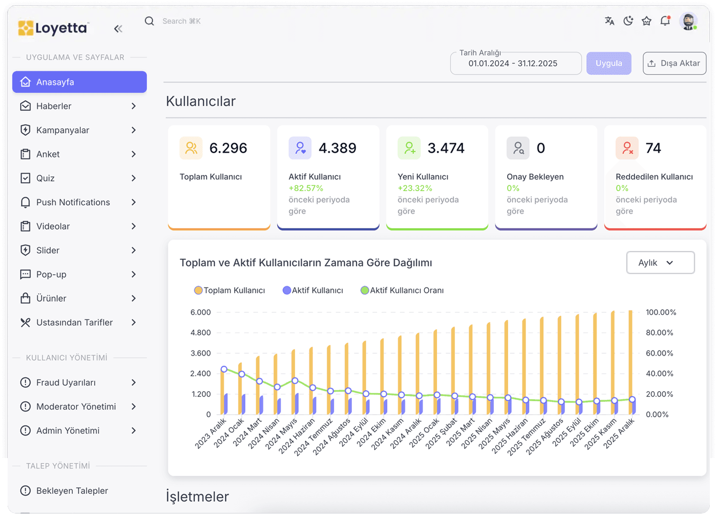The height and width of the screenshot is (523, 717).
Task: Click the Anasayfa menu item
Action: click(x=79, y=82)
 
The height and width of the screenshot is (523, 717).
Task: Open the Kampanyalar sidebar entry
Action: click(x=63, y=130)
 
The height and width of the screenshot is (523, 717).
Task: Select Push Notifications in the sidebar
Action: click(x=73, y=203)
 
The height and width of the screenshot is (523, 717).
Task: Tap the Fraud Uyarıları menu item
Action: click(x=66, y=383)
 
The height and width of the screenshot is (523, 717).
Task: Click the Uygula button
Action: click(x=608, y=64)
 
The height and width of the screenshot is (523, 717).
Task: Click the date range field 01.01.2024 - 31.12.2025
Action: click(x=515, y=64)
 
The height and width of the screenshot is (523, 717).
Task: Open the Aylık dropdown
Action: click(x=660, y=263)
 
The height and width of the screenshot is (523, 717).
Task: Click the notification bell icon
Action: click(x=665, y=21)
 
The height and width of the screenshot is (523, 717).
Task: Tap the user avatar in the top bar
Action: click(x=688, y=21)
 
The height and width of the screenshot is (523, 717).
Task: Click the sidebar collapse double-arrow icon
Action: click(x=118, y=29)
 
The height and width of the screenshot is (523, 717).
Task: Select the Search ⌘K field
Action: click(x=182, y=21)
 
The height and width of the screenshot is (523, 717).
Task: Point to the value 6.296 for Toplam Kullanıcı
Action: click(x=228, y=148)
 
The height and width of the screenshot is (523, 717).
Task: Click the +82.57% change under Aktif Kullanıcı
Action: click(x=306, y=188)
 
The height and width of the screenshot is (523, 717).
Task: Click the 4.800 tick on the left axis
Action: click(x=200, y=333)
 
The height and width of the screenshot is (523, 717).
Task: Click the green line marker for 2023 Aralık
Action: click(x=224, y=369)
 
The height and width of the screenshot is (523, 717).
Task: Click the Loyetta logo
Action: click(x=53, y=28)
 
